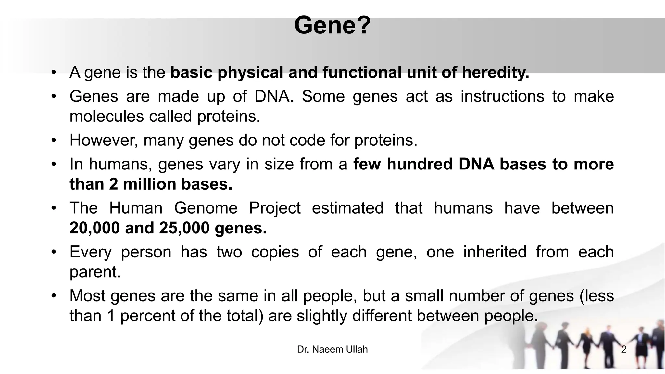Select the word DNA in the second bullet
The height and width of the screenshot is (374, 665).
click(274, 96)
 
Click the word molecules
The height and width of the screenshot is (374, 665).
click(106, 116)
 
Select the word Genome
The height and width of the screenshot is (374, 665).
click(206, 208)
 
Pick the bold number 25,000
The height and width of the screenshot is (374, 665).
click(184, 228)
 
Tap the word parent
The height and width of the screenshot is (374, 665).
click(95, 272)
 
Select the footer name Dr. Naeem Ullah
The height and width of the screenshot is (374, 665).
click(332, 349)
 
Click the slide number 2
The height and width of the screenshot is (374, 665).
click(624, 349)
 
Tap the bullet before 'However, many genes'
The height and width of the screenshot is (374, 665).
click(54, 140)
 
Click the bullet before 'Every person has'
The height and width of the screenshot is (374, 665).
click(54, 252)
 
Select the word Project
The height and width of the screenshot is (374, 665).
click(275, 208)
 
